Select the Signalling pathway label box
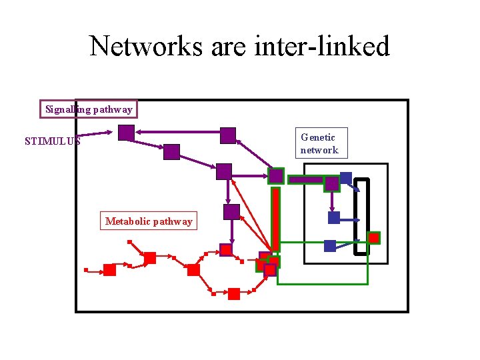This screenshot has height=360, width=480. click(x=89, y=109)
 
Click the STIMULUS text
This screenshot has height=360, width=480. click(x=52, y=141)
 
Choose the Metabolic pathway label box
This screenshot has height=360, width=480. click(x=149, y=221)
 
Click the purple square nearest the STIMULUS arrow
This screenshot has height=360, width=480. click(x=126, y=132)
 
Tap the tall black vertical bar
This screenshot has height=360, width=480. click(x=361, y=217)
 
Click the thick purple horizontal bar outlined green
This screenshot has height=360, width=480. click(x=306, y=179)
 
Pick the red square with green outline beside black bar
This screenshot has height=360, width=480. click(x=374, y=237)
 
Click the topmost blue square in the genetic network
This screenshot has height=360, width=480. click(x=345, y=178)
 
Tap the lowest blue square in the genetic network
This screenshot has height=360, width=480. click(x=329, y=246)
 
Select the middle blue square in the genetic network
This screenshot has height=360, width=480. click(x=334, y=217)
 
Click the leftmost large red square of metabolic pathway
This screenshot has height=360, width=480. click(x=109, y=270)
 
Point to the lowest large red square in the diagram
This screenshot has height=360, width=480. click(x=233, y=294)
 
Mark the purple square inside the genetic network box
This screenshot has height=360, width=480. click(x=331, y=183)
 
